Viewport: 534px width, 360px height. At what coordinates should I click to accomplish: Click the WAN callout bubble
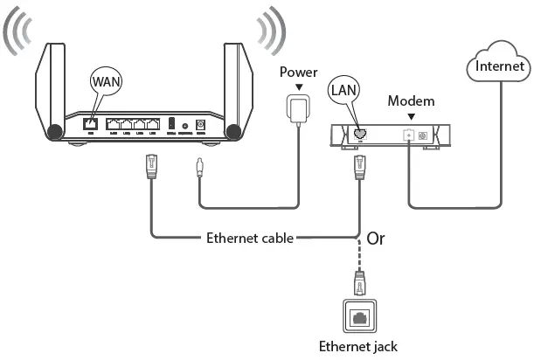106,84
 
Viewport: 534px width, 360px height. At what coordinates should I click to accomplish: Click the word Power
299,72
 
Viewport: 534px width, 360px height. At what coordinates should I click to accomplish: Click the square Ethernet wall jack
360,315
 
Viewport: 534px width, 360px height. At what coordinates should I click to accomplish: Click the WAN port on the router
89,124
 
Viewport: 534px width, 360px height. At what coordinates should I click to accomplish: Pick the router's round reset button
186,126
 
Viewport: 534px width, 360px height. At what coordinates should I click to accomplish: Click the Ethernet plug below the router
151,166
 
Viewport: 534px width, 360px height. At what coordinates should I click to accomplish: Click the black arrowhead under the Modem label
410,116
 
